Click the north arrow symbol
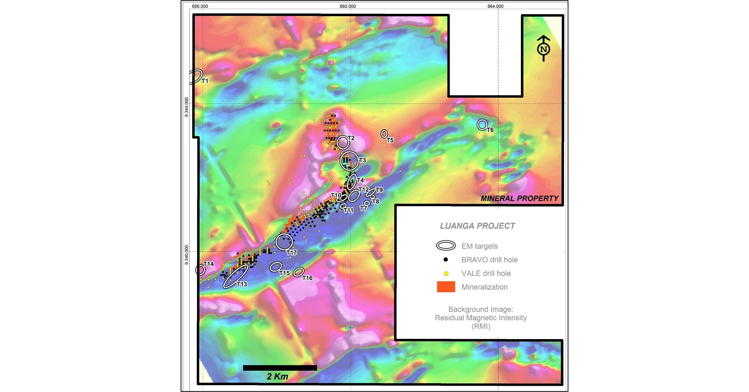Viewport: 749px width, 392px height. pyautogui.click(x=543, y=49)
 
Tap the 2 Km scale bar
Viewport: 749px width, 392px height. pyautogui.click(x=280, y=368)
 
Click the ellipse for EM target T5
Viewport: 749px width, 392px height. pyautogui.click(x=384, y=134)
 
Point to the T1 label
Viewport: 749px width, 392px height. pyautogui.click(x=205, y=81)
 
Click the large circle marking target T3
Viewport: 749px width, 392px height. pyautogui.click(x=349, y=161)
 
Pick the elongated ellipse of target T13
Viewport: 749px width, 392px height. pyautogui.click(x=236, y=276)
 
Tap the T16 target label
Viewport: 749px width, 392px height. pyautogui.click(x=307, y=278)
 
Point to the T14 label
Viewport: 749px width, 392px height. pyautogui.click(x=208, y=264)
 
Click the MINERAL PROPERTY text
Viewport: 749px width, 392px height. pyautogui.click(x=519, y=198)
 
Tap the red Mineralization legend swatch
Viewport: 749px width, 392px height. pyautogui.click(x=446, y=287)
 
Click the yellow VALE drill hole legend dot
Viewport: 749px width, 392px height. pyautogui.click(x=446, y=273)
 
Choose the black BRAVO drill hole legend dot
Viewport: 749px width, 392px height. pyautogui.click(x=445, y=260)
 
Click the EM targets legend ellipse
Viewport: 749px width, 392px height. pyautogui.click(x=446, y=246)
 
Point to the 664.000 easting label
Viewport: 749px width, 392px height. pyautogui.click(x=495, y=6)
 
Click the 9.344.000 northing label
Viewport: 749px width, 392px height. pyautogui.click(x=186, y=107)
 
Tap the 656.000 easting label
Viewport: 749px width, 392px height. pyautogui.click(x=200, y=6)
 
